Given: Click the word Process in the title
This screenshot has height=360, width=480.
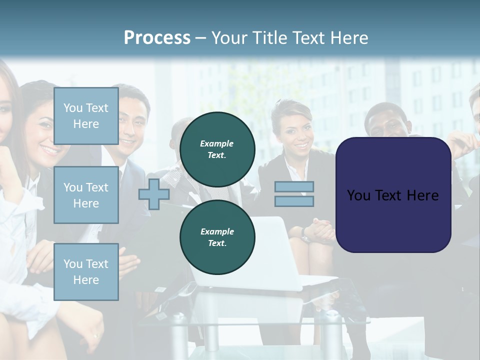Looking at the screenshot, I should [157, 38].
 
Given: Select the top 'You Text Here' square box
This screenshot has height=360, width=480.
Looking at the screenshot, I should [86, 116].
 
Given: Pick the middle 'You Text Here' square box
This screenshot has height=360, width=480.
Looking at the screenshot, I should [86, 195].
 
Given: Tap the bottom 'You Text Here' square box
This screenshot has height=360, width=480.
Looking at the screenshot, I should [86, 271].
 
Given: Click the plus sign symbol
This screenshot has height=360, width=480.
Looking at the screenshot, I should [154, 194].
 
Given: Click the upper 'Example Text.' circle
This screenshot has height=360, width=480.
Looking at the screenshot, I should [217, 149].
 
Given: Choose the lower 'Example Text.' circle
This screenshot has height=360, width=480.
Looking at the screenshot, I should [217, 237].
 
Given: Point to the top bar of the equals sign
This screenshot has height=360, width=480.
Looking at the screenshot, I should [294, 187].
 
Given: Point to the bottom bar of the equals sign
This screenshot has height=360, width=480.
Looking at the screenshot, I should [294, 201].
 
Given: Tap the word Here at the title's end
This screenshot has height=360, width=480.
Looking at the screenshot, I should [348, 38].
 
